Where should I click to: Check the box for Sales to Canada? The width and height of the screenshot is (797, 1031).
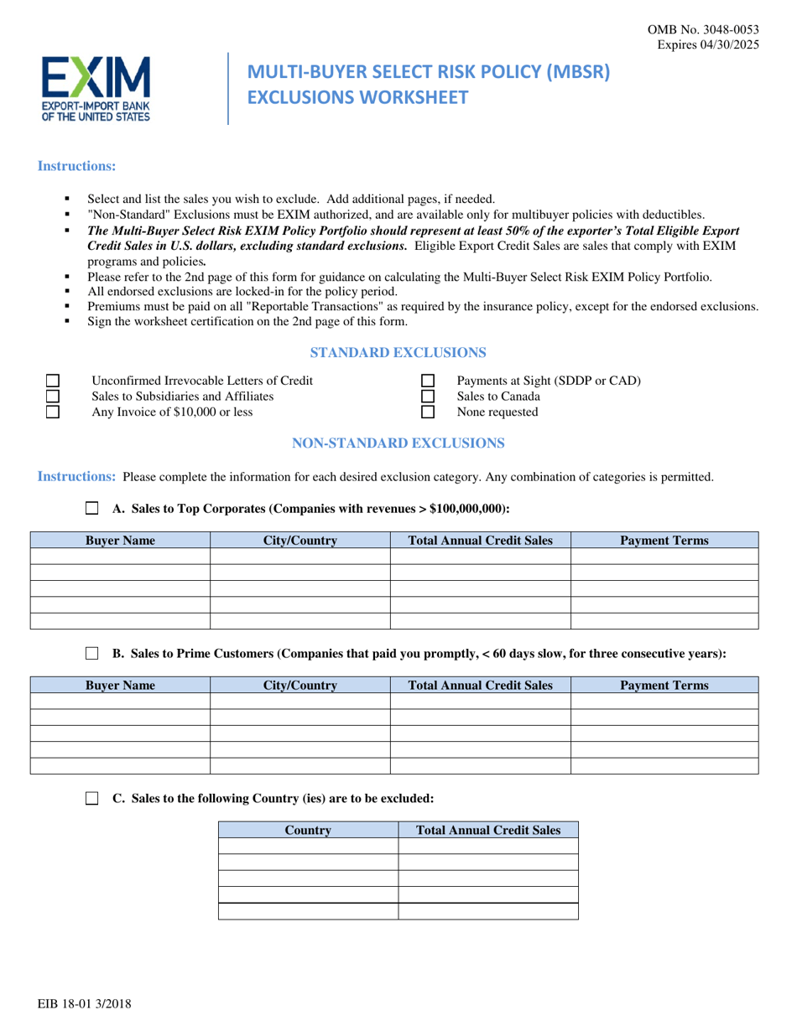pos(427,396)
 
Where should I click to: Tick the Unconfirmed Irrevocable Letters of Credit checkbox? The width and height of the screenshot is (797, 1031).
pos(52,381)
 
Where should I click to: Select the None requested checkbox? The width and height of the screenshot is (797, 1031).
pos(427,412)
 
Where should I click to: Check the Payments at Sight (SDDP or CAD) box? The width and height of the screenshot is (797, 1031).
pos(427,381)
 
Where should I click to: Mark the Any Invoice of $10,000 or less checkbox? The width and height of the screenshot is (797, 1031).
pos(52,412)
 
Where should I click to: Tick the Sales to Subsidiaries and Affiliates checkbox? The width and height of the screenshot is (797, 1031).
pos(52,396)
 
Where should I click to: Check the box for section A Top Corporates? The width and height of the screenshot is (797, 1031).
pos(92,508)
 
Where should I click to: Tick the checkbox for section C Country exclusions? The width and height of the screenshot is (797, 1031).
pos(92,799)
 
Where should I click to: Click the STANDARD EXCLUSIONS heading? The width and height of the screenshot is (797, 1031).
pos(398,352)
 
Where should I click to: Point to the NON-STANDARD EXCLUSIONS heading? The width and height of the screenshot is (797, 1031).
pos(398,442)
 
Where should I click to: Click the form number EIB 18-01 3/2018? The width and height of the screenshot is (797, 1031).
pos(84,1003)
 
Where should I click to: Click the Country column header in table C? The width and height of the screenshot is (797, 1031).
pos(308,831)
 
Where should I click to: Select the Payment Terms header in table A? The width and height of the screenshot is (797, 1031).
pos(664,541)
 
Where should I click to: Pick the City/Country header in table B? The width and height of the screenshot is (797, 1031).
pos(300,686)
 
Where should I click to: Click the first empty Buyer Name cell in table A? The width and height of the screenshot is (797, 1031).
pos(120,557)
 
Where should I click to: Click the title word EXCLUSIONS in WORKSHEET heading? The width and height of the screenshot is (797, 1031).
pos(305,97)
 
